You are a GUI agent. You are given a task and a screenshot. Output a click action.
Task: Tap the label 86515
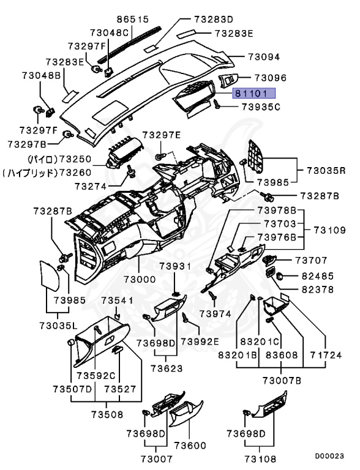(133, 19)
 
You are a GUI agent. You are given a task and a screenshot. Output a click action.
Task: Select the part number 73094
(264, 57)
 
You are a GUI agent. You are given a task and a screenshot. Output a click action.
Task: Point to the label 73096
(271, 78)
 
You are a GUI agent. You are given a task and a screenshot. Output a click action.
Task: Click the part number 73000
(140, 279)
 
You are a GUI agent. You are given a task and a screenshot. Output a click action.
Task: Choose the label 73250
(75, 159)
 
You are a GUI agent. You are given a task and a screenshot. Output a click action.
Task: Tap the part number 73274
(91, 187)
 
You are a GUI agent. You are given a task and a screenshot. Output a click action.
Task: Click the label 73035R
(326, 171)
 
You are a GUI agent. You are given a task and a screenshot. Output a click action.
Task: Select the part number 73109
(330, 230)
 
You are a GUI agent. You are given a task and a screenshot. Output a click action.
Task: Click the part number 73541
(117, 300)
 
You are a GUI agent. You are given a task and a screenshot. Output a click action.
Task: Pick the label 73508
(107, 414)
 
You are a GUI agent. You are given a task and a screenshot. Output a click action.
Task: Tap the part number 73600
(190, 446)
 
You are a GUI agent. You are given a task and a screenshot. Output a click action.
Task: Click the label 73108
(260, 459)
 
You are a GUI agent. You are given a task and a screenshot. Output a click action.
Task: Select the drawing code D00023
(329, 456)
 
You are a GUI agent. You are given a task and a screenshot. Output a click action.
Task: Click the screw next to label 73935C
(217, 104)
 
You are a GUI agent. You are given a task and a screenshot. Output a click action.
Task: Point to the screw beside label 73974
(213, 294)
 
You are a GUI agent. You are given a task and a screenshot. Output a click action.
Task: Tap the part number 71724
(326, 355)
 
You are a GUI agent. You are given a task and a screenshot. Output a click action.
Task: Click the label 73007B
(282, 381)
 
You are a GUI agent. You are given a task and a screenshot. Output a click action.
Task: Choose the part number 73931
(175, 266)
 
